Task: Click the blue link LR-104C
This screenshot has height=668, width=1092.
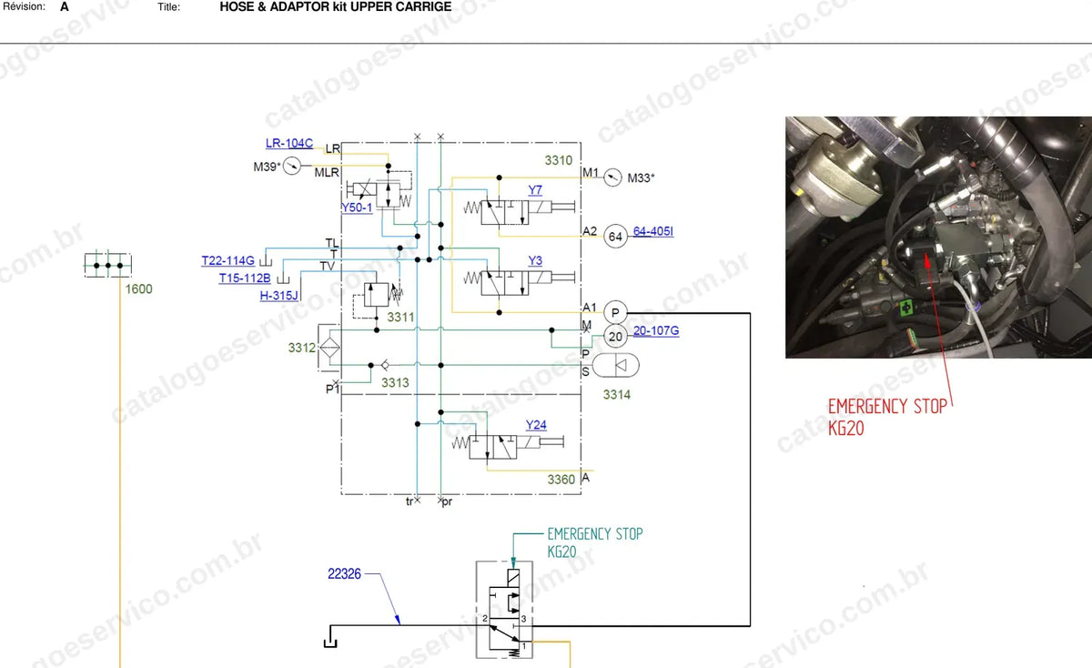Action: pyautogui.click(x=289, y=144)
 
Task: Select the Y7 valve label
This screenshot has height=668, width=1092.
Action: pyautogui.click(x=535, y=189)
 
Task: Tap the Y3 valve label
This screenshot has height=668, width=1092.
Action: pyautogui.click(x=535, y=260)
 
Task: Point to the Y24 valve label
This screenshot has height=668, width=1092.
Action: pyautogui.click(x=536, y=425)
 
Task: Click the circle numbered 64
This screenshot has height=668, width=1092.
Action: pyautogui.click(x=615, y=237)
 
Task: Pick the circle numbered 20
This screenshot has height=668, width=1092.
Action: pyautogui.click(x=615, y=337)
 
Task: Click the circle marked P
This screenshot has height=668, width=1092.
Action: pyautogui.click(x=615, y=312)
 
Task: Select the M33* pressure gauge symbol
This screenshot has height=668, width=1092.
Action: pyautogui.click(x=612, y=177)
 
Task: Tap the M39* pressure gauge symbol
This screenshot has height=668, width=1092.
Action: pyautogui.click(x=292, y=166)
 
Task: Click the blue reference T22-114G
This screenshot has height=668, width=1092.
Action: pyautogui.click(x=228, y=261)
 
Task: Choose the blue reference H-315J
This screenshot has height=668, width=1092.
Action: pyautogui.click(x=278, y=296)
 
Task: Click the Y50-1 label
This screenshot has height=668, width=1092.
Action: pyautogui.click(x=357, y=207)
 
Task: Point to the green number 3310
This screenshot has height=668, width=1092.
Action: pyautogui.click(x=558, y=160)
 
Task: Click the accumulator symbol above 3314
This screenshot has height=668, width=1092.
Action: pyautogui.click(x=616, y=365)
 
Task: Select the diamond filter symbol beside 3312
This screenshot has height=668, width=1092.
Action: pyautogui.click(x=329, y=348)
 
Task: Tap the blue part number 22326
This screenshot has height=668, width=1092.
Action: pyautogui.click(x=344, y=574)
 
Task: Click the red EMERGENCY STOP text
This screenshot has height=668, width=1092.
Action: pyautogui.click(x=887, y=406)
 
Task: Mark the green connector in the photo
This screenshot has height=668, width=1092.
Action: pyautogui.click(x=906, y=308)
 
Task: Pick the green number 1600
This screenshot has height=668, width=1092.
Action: pyautogui.click(x=139, y=289)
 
